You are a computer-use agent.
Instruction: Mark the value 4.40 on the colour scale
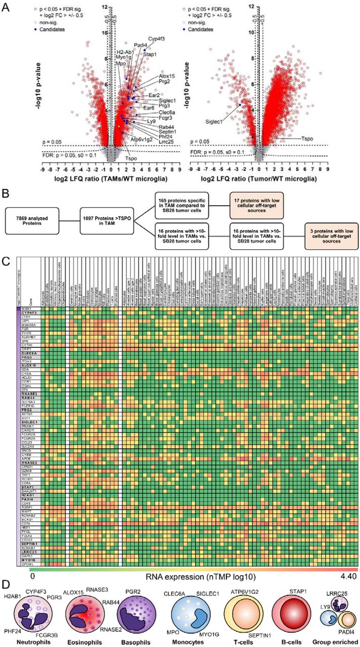[x=349, y=577]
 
